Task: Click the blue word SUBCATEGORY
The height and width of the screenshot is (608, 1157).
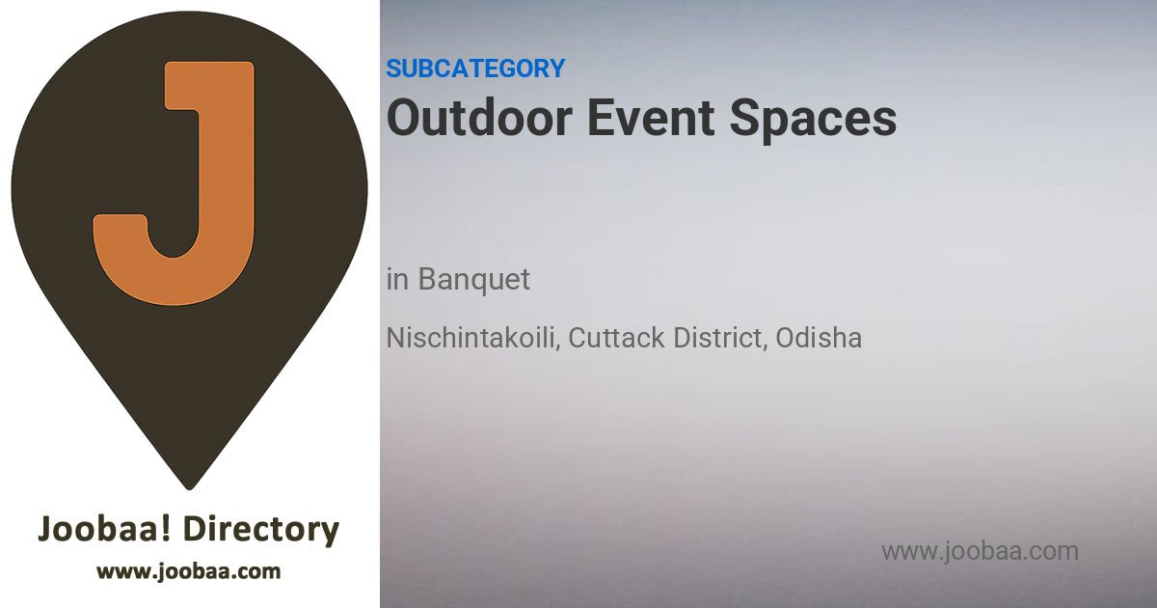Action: click(475, 69)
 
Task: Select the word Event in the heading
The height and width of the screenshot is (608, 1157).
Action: click(651, 118)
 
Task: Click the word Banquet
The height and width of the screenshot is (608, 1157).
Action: click(473, 280)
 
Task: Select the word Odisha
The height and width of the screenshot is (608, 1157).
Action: click(819, 338)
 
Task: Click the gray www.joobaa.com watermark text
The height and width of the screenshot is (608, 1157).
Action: click(980, 551)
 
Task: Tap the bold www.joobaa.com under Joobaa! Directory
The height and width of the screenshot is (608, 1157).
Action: click(189, 571)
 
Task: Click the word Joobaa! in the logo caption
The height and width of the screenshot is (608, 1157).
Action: click(104, 529)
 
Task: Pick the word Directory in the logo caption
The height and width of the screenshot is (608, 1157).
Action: click(261, 530)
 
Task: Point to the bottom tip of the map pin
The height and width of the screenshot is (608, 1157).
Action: click(189, 488)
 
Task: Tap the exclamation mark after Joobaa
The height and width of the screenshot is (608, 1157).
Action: click(165, 529)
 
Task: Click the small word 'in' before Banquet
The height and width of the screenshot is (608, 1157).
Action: click(397, 280)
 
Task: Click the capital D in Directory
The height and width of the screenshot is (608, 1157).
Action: click(197, 529)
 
